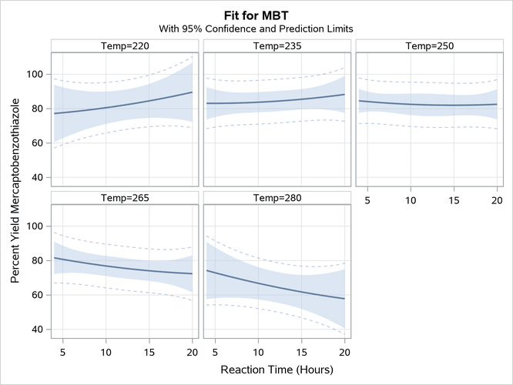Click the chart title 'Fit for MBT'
(x=256, y=15)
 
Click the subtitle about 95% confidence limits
(x=256, y=28)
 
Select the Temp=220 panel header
(x=125, y=45)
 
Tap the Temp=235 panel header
(x=277, y=45)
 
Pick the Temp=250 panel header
(x=429, y=45)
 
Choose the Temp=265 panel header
(x=125, y=198)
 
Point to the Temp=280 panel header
(x=277, y=198)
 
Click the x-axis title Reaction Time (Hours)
(x=277, y=370)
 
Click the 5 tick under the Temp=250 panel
(x=367, y=200)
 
